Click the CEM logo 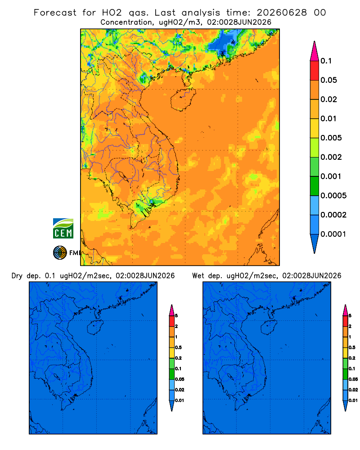[x=63, y=229]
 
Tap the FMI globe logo [x=60, y=253]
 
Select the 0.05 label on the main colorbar [x=328, y=80]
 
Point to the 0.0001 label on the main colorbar [x=333, y=234]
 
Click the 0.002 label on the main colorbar [x=331, y=157]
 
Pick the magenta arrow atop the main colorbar [x=315, y=51]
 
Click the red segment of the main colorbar [x=315, y=71]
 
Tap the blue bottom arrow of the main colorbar [x=315, y=243]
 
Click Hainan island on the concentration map [x=183, y=99]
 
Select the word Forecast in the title [x=55, y=13]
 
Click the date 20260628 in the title [x=282, y=13]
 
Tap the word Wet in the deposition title [x=198, y=276]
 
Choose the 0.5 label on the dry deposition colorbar [x=178, y=347]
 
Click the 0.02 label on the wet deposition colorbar [x=353, y=390]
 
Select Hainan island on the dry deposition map [x=95, y=328]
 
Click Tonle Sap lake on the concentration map [x=123, y=176]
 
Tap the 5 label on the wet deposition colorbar [x=350, y=316]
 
